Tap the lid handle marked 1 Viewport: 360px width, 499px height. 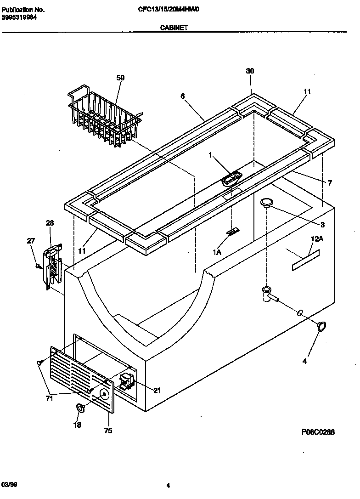[232, 178]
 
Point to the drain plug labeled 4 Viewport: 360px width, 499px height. [322, 326]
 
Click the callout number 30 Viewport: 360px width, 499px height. [250, 71]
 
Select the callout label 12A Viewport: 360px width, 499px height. [317, 239]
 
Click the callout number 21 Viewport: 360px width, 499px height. [157, 391]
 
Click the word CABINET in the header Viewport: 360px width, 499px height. [173, 28]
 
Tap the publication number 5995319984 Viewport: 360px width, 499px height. [20, 17]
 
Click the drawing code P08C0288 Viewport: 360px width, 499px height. [318, 432]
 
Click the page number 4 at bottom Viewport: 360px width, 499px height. [168, 485]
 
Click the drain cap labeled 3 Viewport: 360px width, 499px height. [266, 202]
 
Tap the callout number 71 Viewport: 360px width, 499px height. [49, 398]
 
